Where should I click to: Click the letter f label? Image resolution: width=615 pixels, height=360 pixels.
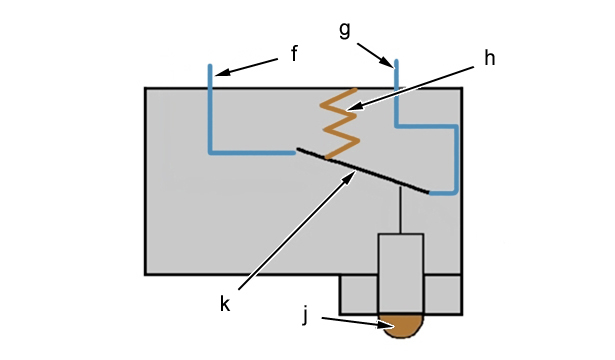point(295,53)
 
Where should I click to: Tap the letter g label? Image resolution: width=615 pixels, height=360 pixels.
point(345,30)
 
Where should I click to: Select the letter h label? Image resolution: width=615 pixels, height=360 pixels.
point(489,58)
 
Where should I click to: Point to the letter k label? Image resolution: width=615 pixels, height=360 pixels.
point(225,304)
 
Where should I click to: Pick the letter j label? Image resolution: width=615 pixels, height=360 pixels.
point(306,315)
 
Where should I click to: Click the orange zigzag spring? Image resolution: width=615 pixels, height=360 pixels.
point(340,124)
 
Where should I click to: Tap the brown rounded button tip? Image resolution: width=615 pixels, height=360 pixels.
point(401,325)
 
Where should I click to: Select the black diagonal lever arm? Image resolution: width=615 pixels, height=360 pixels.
point(363,171)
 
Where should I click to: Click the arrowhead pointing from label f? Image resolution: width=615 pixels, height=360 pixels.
point(220,73)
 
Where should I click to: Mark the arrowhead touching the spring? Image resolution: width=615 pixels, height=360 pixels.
point(353,107)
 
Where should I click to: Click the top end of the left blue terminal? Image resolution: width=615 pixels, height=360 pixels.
point(210,65)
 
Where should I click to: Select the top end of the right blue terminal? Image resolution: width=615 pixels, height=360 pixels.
point(397,61)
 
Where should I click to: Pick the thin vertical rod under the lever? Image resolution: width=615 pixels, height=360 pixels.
point(400,210)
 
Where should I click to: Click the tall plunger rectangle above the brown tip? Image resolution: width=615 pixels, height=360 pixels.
point(401,274)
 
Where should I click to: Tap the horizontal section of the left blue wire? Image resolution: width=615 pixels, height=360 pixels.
point(252,153)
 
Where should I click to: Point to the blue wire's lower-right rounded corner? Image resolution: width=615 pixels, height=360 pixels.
point(455,191)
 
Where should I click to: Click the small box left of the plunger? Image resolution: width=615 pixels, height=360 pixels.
point(359,294)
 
